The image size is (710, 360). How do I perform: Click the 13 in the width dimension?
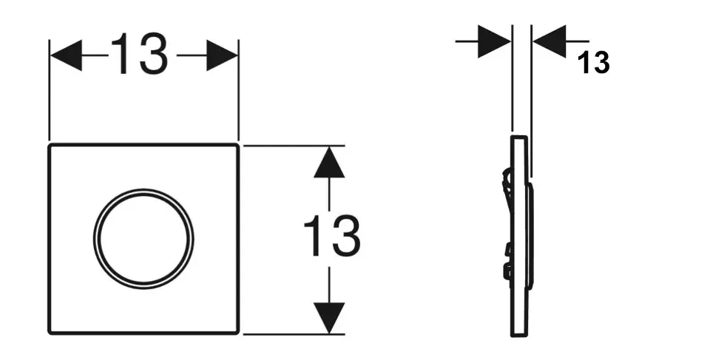click(x=140, y=55)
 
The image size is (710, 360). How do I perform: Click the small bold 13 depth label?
click(x=595, y=64)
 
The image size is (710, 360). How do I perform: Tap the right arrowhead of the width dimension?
click(x=223, y=56)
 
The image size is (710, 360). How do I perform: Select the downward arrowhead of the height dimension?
click(x=329, y=318)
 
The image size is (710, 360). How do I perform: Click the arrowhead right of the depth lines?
click(x=549, y=41)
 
